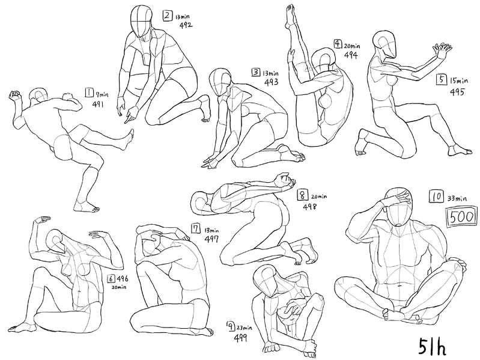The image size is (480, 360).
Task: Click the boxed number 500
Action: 461,217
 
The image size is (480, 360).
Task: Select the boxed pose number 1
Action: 89,93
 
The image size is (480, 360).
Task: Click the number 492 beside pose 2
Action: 186,25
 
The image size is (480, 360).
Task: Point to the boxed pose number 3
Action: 255,72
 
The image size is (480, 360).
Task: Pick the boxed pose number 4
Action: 338,44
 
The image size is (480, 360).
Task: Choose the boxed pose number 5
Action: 441,79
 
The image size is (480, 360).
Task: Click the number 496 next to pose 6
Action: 122,279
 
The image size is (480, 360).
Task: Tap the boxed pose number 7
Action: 196,228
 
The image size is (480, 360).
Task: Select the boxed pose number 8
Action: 302,195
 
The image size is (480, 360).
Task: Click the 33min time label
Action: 457,199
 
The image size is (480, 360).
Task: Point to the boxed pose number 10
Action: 437,196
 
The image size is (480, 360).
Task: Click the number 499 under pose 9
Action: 240,338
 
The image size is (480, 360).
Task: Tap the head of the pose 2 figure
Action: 141,21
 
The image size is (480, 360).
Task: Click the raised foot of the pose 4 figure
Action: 290,14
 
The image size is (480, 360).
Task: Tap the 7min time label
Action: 103,94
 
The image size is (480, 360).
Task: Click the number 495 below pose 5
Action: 457,92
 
